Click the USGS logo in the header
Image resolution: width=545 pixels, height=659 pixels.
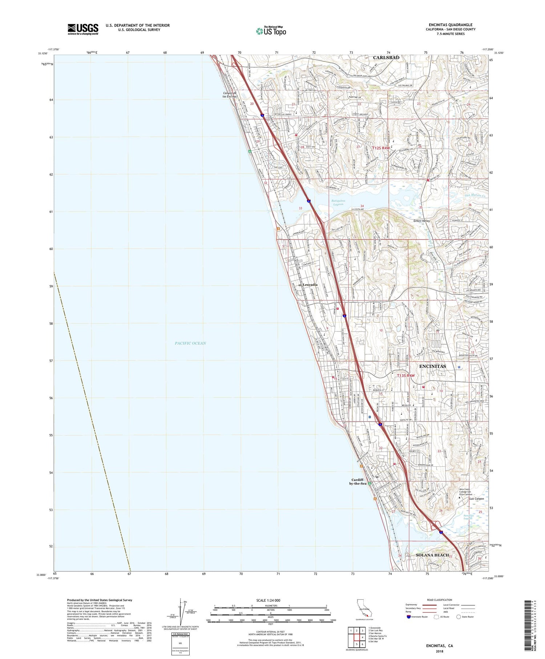coord(83,29)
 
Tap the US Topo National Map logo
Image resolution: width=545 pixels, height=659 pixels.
coord(271,31)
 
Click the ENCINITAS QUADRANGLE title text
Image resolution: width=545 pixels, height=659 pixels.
coord(452,25)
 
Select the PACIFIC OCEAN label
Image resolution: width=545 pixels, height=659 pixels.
coord(190,343)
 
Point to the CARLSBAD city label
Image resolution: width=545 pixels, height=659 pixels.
coord(386,57)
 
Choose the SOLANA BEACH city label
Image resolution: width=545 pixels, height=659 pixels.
coord(432,555)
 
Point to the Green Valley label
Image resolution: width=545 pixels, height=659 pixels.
coord(421,221)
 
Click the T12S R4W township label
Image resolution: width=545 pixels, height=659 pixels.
coord(381,148)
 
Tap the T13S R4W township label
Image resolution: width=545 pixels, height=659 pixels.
coord(405,375)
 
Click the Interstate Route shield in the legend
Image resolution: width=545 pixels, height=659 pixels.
coord(409,616)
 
